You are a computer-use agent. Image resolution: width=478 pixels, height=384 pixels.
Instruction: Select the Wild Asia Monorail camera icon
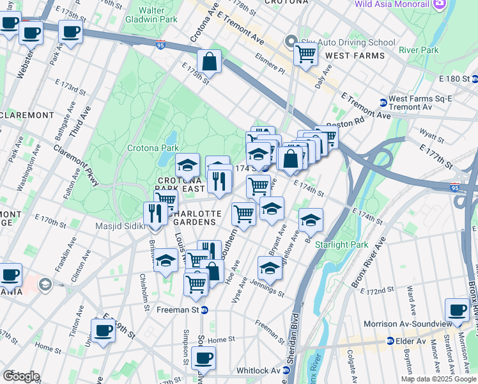point(439,4)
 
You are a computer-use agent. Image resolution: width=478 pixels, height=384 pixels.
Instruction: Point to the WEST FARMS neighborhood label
point(355,56)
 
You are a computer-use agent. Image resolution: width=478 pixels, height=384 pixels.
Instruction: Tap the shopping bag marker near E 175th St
point(209,63)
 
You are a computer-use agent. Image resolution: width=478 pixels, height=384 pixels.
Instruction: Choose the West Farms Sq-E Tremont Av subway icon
point(383,102)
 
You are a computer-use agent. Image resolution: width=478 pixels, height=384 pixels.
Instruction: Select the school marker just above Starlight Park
point(311,220)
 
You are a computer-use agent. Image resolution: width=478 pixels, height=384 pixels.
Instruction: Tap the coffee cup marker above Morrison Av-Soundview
point(457,310)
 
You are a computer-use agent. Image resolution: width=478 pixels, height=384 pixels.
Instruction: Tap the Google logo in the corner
point(21,376)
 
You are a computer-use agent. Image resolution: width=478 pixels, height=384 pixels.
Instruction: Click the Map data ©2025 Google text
point(438,379)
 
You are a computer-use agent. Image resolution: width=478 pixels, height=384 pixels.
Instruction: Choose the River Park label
point(418,50)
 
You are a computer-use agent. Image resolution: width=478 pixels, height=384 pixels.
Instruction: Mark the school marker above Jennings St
point(270,269)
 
